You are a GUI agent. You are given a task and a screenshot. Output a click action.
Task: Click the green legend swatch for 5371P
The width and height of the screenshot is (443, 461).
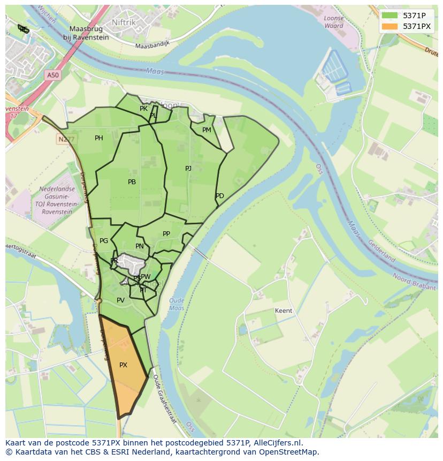[x=390, y=15]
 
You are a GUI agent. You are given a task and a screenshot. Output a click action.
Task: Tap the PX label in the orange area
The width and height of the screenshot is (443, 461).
[x=123, y=365]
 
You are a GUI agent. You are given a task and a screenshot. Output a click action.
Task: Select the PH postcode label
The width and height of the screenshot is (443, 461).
[x=99, y=138]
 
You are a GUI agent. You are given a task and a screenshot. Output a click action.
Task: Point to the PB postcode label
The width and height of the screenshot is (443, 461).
[x=132, y=182]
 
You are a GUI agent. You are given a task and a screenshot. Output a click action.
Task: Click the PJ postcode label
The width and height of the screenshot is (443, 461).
[x=188, y=169]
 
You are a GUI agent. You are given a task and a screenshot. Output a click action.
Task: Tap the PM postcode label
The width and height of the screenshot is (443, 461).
[x=207, y=130]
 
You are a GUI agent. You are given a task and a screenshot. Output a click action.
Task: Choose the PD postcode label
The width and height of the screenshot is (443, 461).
[x=220, y=196]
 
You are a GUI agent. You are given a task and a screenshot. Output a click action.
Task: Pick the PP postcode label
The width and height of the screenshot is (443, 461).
[x=166, y=234]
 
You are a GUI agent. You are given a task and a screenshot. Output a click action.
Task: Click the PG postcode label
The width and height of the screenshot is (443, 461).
[x=104, y=241]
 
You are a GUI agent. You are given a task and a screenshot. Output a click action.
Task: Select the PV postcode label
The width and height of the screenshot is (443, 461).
[x=120, y=300]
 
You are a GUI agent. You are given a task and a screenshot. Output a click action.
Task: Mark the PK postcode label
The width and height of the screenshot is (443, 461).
[x=143, y=109]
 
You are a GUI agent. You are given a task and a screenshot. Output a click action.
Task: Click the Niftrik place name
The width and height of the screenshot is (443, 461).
[x=124, y=22]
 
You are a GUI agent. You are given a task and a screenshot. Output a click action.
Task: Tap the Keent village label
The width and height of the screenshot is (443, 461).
[x=283, y=311]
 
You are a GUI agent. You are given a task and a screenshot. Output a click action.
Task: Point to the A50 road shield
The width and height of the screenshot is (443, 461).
[x=52, y=75]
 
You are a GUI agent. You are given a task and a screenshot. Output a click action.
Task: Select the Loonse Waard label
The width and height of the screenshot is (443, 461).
[x=334, y=22]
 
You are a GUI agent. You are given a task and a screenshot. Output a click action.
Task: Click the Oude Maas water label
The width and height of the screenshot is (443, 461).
[x=176, y=304]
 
